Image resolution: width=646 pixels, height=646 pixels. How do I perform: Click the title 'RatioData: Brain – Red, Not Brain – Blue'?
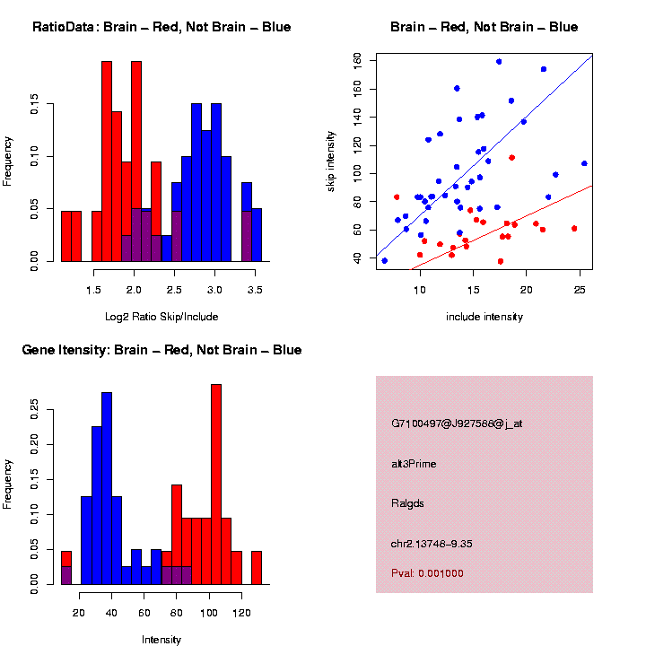[161, 27]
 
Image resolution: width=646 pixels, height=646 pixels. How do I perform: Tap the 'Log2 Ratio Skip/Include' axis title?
[161, 317]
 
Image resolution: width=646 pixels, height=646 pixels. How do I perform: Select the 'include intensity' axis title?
[484, 317]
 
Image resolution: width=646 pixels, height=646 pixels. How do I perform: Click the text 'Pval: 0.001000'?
[428, 573]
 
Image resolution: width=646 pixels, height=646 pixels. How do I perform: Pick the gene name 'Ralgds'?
[408, 502]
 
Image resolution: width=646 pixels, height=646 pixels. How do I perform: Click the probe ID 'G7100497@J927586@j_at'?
[457, 423]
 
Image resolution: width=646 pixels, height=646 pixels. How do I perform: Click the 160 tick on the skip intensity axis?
[356, 60]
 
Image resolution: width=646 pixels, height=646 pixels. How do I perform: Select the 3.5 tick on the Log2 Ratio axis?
[255, 291]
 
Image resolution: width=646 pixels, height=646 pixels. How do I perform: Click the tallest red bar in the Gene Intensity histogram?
[215, 484]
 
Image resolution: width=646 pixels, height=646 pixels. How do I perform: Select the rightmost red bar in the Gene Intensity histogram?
[257, 568]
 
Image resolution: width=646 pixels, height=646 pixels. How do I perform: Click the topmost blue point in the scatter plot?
[499, 62]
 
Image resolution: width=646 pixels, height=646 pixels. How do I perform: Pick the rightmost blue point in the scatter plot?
[584, 163]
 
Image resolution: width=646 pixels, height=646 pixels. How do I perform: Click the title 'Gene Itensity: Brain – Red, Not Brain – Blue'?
[161, 350]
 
